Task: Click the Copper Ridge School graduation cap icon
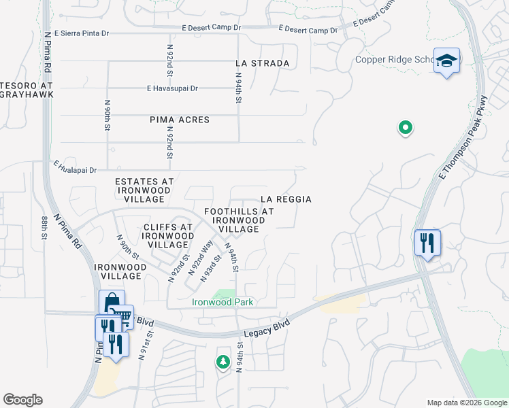point(446,61)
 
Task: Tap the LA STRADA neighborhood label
point(262,63)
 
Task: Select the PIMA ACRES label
point(180,120)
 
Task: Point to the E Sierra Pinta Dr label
point(81,33)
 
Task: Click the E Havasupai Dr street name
point(172,88)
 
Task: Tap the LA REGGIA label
point(286,199)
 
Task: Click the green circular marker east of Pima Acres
point(405,127)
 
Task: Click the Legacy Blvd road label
point(272,327)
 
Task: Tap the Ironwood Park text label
point(223,303)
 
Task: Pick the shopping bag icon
point(112,303)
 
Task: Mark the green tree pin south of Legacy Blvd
point(223,361)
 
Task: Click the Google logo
point(22,400)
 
